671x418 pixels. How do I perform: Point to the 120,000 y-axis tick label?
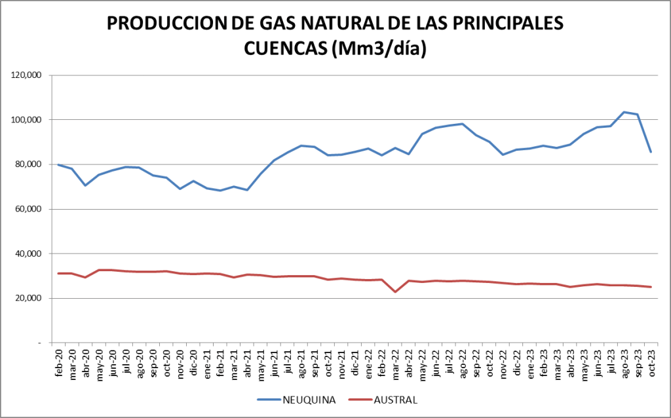click(x=27, y=75)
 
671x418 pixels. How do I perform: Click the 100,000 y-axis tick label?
click(x=27, y=120)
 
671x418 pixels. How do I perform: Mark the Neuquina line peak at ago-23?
click(x=624, y=112)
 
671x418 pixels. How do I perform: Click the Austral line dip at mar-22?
click(x=395, y=292)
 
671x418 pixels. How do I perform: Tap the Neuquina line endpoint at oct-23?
click(x=651, y=152)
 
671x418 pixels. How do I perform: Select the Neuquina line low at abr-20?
click(x=86, y=185)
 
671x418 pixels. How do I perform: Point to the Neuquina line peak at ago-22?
click(x=463, y=124)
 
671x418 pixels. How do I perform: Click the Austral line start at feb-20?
click(x=59, y=273)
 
